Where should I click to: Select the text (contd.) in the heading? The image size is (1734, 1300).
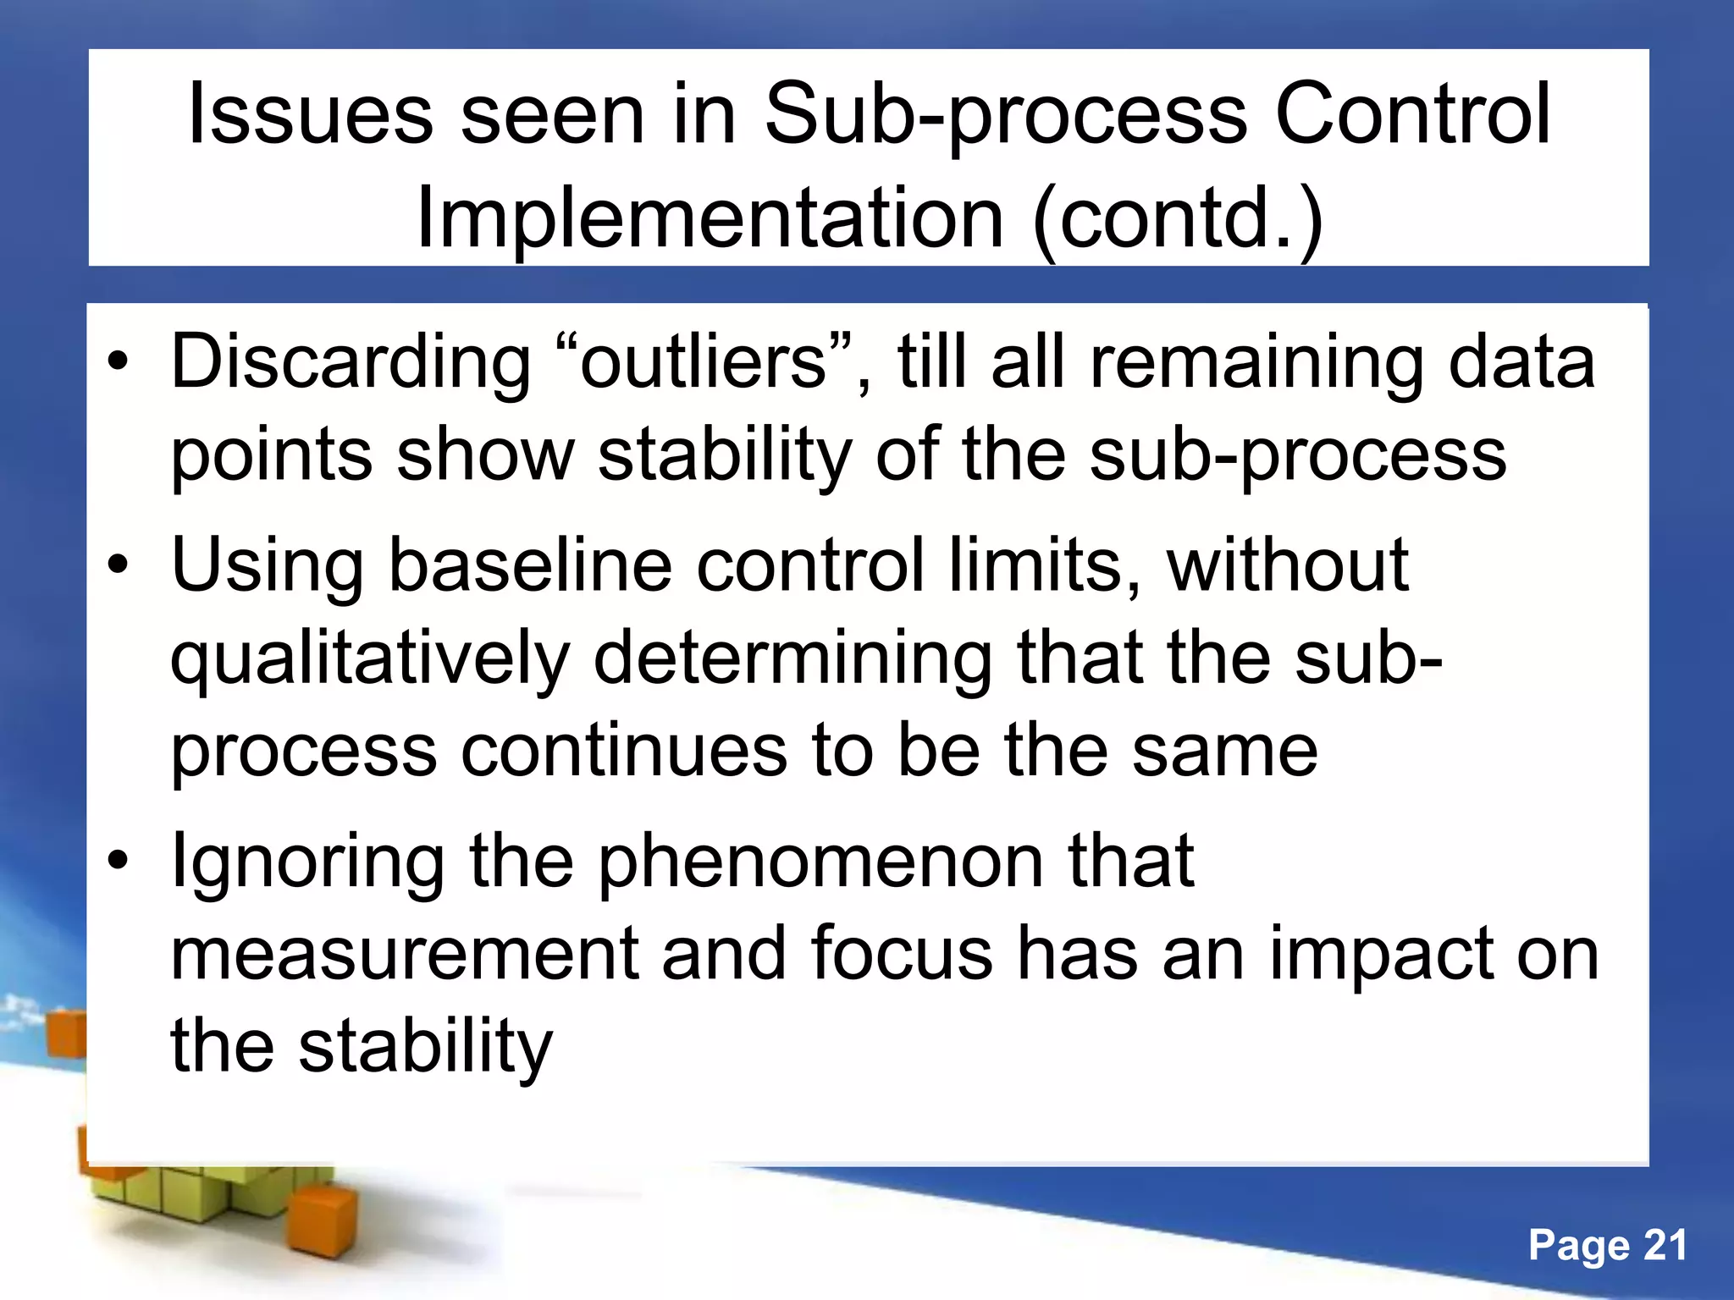(x=1178, y=220)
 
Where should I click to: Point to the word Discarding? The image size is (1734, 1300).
(x=351, y=364)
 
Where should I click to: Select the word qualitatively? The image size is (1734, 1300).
(x=370, y=660)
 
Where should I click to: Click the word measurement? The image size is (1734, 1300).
(x=404, y=955)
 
